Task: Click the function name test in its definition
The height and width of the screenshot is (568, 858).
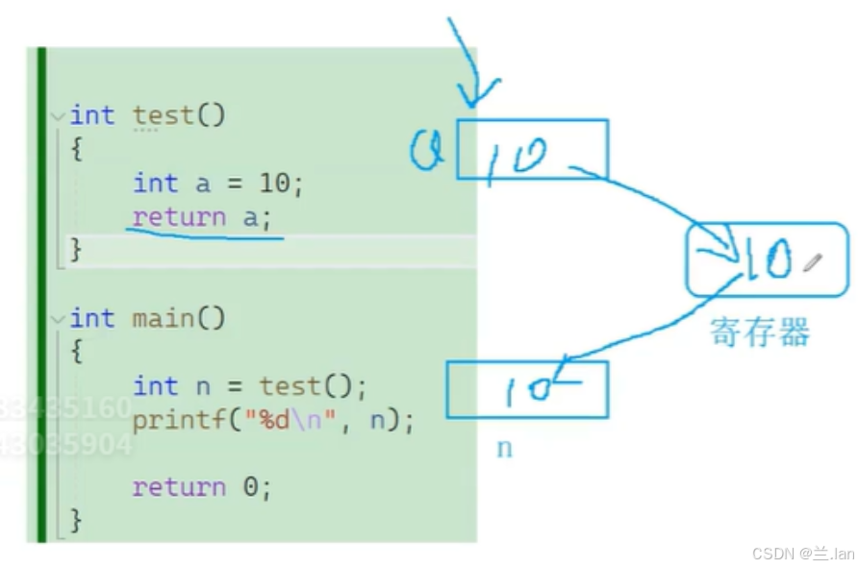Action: coord(164,115)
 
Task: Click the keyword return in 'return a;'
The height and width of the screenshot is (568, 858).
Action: coord(179,216)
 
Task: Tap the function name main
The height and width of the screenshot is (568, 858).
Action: coord(164,318)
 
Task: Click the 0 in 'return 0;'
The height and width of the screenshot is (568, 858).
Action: coord(250,487)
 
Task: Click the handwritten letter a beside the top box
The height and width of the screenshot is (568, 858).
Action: coord(425,151)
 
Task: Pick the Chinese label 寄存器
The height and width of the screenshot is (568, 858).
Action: coord(760,332)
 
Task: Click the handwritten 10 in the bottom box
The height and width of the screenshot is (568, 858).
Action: coord(527,389)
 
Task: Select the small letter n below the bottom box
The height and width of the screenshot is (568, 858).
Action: coord(504,448)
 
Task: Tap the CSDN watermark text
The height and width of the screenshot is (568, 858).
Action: coord(802,553)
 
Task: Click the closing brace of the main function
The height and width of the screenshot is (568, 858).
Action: coord(76,521)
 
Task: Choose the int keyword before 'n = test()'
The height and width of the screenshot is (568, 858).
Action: coord(155,386)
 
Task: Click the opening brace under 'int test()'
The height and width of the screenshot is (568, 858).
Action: coord(76,149)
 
